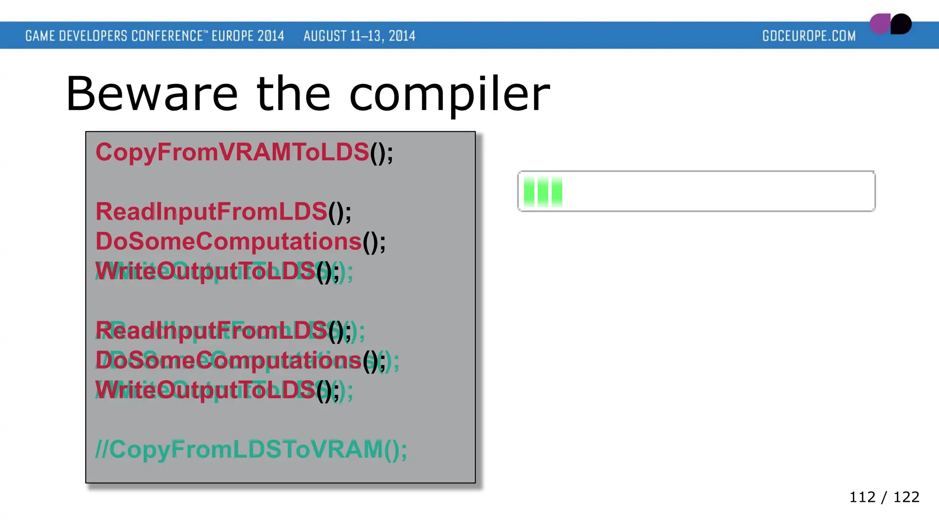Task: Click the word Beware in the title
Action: (152, 94)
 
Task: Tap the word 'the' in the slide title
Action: (293, 94)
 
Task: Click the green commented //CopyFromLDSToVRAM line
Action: (251, 449)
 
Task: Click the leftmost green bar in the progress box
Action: (529, 191)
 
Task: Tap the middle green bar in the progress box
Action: (543, 191)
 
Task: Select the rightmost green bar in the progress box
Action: (557, 191)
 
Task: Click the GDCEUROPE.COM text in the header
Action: (809, 36)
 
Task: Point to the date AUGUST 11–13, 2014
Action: (359, 36)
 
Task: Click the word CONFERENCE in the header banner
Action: (167, 36)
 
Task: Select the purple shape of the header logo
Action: (880, 24)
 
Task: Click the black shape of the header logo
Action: (901, 24)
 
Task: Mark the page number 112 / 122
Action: (884, 497)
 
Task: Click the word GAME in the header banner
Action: (40, 36)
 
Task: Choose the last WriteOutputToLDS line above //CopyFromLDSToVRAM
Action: (218, 390)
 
